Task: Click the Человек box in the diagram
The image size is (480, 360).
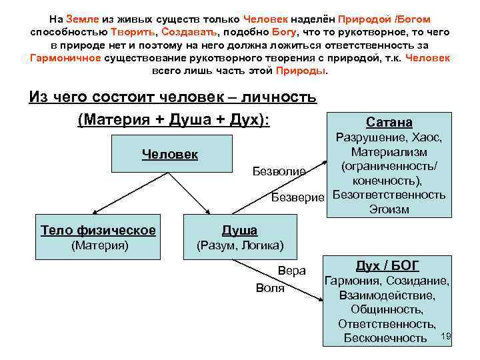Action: (x=170, y=155)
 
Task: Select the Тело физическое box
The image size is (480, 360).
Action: (x=98, y=237)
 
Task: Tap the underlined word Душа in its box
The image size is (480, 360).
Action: (x=239, y=231)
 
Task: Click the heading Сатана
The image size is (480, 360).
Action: (x=389, y=123)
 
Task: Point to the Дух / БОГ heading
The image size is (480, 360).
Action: (x=387, y=266)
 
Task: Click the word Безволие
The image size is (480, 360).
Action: (x=279, y=172)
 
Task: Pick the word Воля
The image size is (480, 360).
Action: (x=270, y=288)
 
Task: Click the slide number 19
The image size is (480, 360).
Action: (x=447, y=335)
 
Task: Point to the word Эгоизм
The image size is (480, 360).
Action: (x=389, y=209)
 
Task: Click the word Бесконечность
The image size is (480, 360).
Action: (x=385, y=338)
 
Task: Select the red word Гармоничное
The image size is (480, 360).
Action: (x=65, y=58)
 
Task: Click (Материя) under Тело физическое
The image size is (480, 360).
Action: (x=98, y=246)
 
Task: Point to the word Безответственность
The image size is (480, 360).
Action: (x=389, y=195)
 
